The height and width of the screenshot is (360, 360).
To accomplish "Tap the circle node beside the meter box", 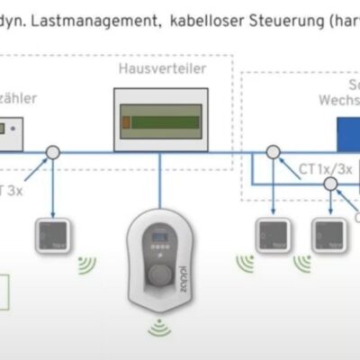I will click(x=54, y=154).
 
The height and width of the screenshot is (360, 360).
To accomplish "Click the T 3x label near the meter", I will click(x=11, y=188).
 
